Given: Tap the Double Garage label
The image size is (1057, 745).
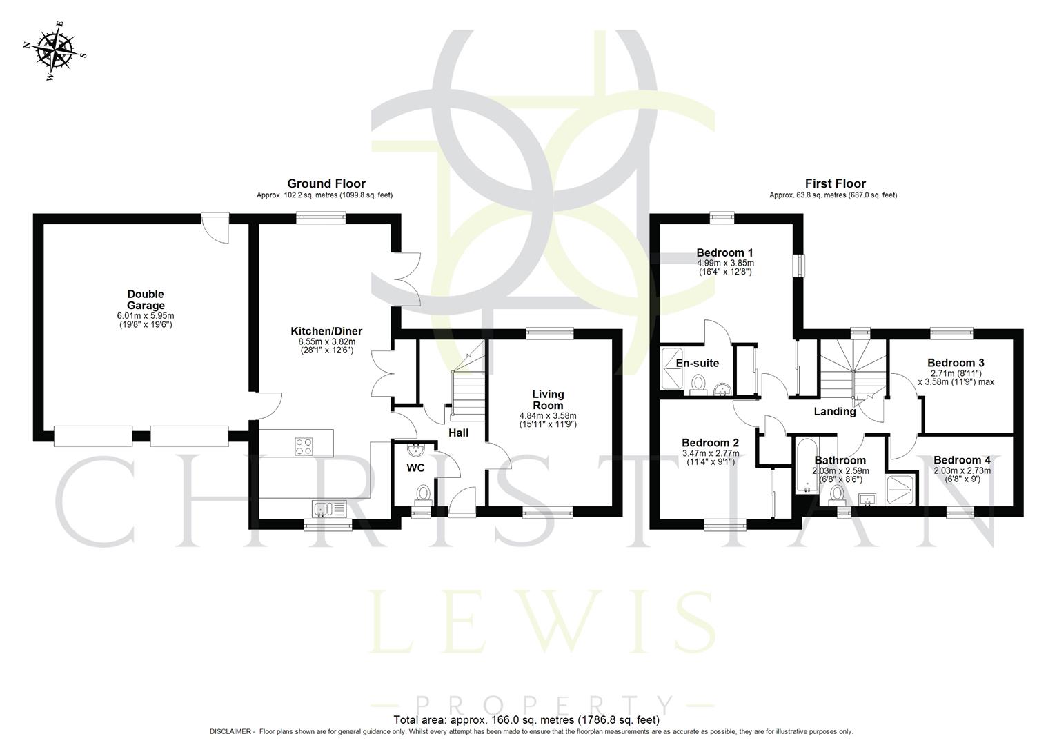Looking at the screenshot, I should [146, 300].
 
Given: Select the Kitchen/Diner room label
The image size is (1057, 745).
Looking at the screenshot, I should [326, 331].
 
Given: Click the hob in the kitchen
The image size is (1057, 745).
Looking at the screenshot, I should [303, 446].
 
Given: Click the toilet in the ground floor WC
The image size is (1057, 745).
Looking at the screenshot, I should [424, 493].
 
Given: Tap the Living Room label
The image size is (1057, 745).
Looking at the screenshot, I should [548, 399].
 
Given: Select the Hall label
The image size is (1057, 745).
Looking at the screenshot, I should [458, 433].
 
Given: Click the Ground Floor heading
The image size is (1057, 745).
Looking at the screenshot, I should [326, 183].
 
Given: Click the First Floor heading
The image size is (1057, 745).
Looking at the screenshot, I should [835, 183].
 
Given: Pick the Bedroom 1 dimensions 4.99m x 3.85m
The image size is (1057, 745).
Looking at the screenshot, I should [725, 263].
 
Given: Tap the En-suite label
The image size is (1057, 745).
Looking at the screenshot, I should [697, 363].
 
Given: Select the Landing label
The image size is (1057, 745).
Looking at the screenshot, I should [834, 412].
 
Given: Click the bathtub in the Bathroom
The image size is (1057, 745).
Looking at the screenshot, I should [804, 466].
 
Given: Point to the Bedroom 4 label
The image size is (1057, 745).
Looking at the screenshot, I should [962, 460].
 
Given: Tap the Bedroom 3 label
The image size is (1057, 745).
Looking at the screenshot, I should [955, 363].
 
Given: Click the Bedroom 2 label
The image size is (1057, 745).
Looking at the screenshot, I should [710, 443].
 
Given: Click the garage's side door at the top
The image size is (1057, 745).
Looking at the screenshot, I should [214, 228].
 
